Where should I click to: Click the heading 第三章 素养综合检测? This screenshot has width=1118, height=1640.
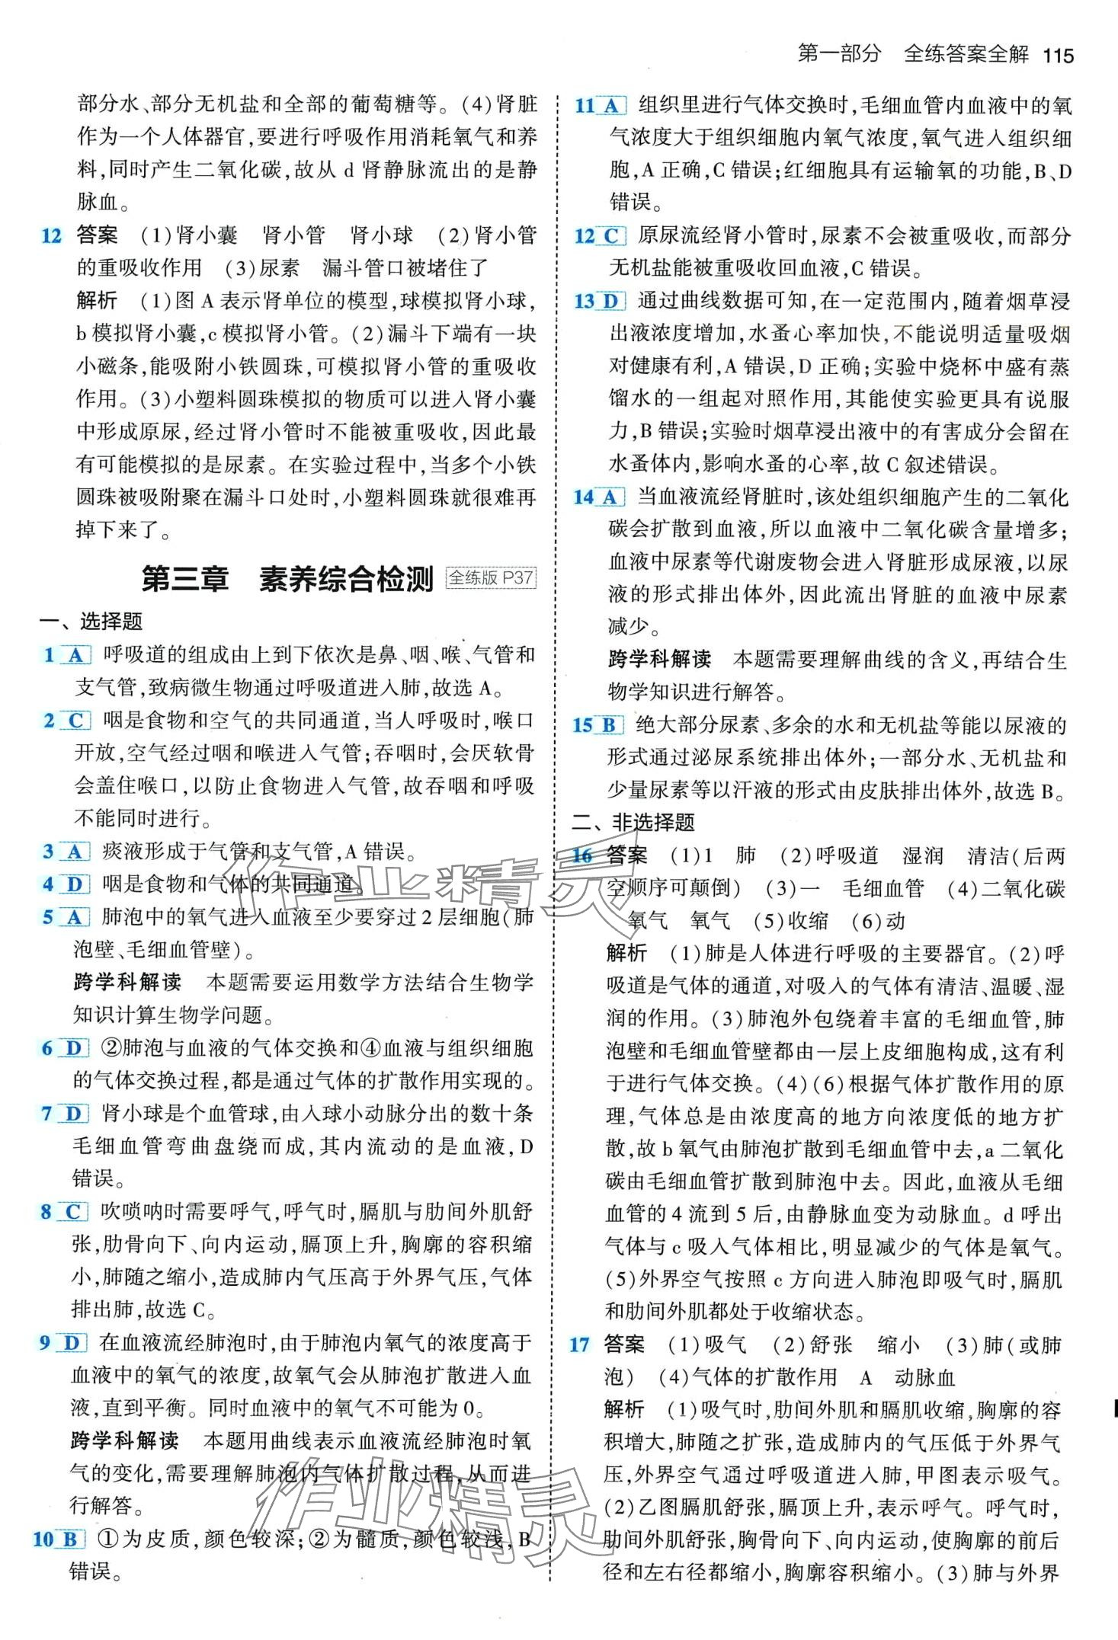287,579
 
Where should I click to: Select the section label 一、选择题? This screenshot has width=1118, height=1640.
91,622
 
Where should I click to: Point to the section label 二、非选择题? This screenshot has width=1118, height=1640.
633,822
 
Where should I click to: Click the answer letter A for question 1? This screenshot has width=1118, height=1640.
75,655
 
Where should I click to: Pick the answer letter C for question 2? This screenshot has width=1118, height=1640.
75,721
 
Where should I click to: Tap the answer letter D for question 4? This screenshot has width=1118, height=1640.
74,884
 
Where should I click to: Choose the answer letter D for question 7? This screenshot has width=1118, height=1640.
73,1114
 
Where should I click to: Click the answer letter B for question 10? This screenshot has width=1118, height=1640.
69,1539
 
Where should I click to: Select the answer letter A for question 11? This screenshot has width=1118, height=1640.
610,106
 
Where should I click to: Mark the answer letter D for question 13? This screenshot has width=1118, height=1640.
610,302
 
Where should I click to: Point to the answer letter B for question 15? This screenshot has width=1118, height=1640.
608,725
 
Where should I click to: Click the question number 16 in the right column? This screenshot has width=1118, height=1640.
582,855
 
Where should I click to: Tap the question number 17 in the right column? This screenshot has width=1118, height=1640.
579,1344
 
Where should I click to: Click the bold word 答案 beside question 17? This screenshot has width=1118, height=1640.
624,1344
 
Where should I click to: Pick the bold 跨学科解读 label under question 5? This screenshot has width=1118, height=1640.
127,982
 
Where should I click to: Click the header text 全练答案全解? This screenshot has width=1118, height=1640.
966,53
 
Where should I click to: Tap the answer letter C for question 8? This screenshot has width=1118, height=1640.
73,1212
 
